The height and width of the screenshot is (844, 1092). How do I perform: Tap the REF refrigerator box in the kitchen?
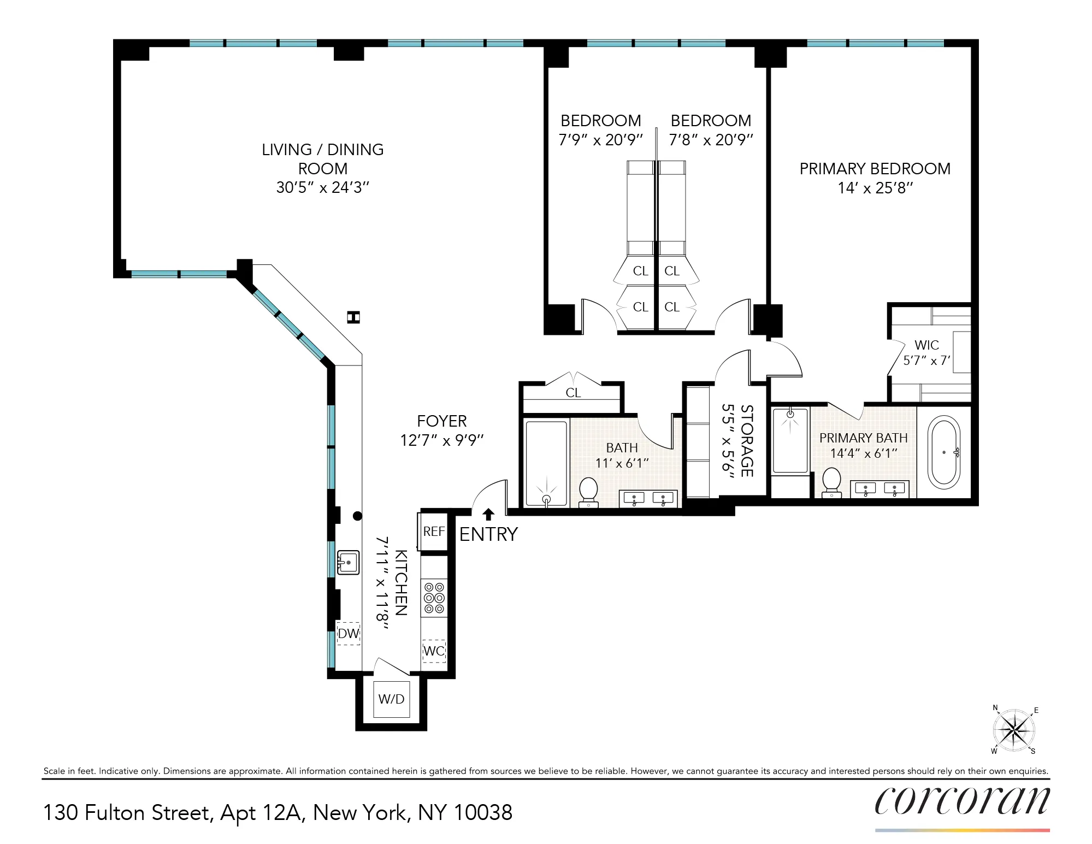(434, 531)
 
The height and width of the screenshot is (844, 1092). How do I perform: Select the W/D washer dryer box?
(391, 699)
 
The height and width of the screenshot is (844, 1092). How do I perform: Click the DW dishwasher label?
(348, 634)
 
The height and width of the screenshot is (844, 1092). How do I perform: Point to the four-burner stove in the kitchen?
(434, 598)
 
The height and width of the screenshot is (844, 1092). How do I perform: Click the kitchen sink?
(348, 562)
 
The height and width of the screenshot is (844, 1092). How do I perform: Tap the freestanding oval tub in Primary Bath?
(944, 452)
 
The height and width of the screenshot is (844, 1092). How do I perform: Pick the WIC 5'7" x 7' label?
(926, 352)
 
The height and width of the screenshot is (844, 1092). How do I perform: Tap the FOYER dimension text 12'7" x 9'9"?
(441, 440)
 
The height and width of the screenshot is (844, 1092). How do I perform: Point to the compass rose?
(1014, 730)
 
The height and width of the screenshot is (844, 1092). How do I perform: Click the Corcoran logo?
(961, 802)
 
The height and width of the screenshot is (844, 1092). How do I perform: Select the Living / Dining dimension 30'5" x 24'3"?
(322, 187)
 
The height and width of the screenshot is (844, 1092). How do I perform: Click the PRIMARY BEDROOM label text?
(875, 169)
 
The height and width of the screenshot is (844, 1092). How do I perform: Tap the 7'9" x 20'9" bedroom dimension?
(600, 140)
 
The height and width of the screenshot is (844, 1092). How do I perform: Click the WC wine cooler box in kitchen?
(434, 651)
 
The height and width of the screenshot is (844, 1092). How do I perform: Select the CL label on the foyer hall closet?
(573, 393)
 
